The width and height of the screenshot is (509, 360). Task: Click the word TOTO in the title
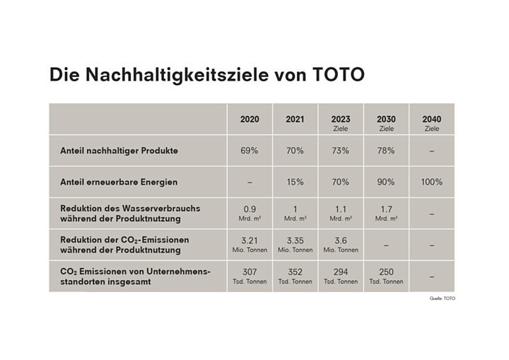pyautogui.click(x=338, y=76)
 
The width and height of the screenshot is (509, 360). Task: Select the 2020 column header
pyautogui.click(x=250, y=119)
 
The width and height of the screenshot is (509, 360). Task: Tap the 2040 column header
pyautogui.click(x=431, y=119)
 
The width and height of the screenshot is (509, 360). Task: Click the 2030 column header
pyautogui.click(x=386, y=119)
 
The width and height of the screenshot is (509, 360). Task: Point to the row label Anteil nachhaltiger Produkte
pyautogui.click(x=118, y=151)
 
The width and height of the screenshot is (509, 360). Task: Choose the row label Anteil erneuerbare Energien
pyautogui.click(x=118, y=182)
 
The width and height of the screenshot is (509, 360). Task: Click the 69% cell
pyautogui.click(x=250, y=151)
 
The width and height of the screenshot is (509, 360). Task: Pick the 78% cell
pyautogui.click(x=386, y=151)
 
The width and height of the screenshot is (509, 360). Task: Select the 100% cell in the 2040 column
pyautogui.click(x=431, y=182)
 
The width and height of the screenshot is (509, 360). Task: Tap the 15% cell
pyautogui.click(x=295, y=182)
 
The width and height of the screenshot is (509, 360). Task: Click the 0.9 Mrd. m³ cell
pyautogui.click(x=250, y=212)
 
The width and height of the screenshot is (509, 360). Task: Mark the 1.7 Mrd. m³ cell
pyautogui.click(x=386, y=212)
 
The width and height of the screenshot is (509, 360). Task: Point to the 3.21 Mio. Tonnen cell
pyautogui.click(x=250, y=244)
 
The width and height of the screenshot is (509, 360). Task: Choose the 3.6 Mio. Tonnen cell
pyautogui.click(x=340, y=244)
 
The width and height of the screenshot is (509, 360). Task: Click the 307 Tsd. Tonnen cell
pyautogui.click(x=250, y=275)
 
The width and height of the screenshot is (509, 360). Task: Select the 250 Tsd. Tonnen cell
pyautogui.click(x=386, y=275)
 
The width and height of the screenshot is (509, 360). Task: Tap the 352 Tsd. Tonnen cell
pyautogui.click(x=295, y=275)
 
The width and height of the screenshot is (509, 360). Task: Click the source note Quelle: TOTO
pyautogui.click(x=443, y=298)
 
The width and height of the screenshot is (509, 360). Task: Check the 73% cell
pyautogui.click(x=340, y=151)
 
